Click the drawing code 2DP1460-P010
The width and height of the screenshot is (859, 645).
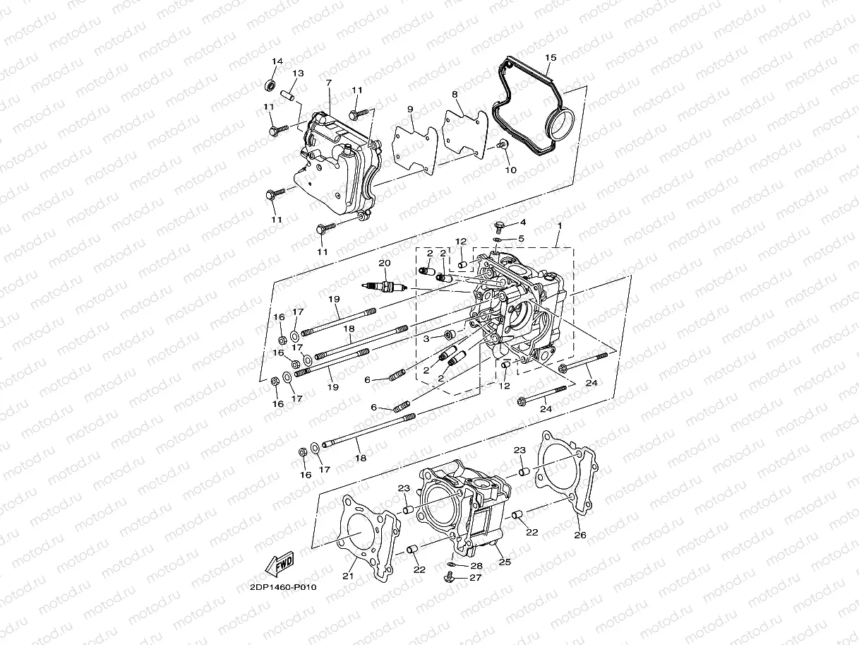[x=282, y=587]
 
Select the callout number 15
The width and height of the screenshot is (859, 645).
[x=551, y=57]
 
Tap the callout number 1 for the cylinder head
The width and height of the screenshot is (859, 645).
[x=559, y=225]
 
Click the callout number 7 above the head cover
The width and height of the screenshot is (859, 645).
[x=328, y=83]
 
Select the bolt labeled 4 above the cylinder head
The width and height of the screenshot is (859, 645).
[x=498, y=227]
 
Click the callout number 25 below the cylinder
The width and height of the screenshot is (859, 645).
[x=505, y=562]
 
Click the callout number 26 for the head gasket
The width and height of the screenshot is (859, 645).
[x=580, y=535]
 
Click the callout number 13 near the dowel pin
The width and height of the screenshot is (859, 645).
[x=298, y=73]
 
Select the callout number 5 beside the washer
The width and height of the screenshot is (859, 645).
[x=521, y=239]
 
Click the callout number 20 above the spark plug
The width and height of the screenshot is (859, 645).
[x=384, y=263]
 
